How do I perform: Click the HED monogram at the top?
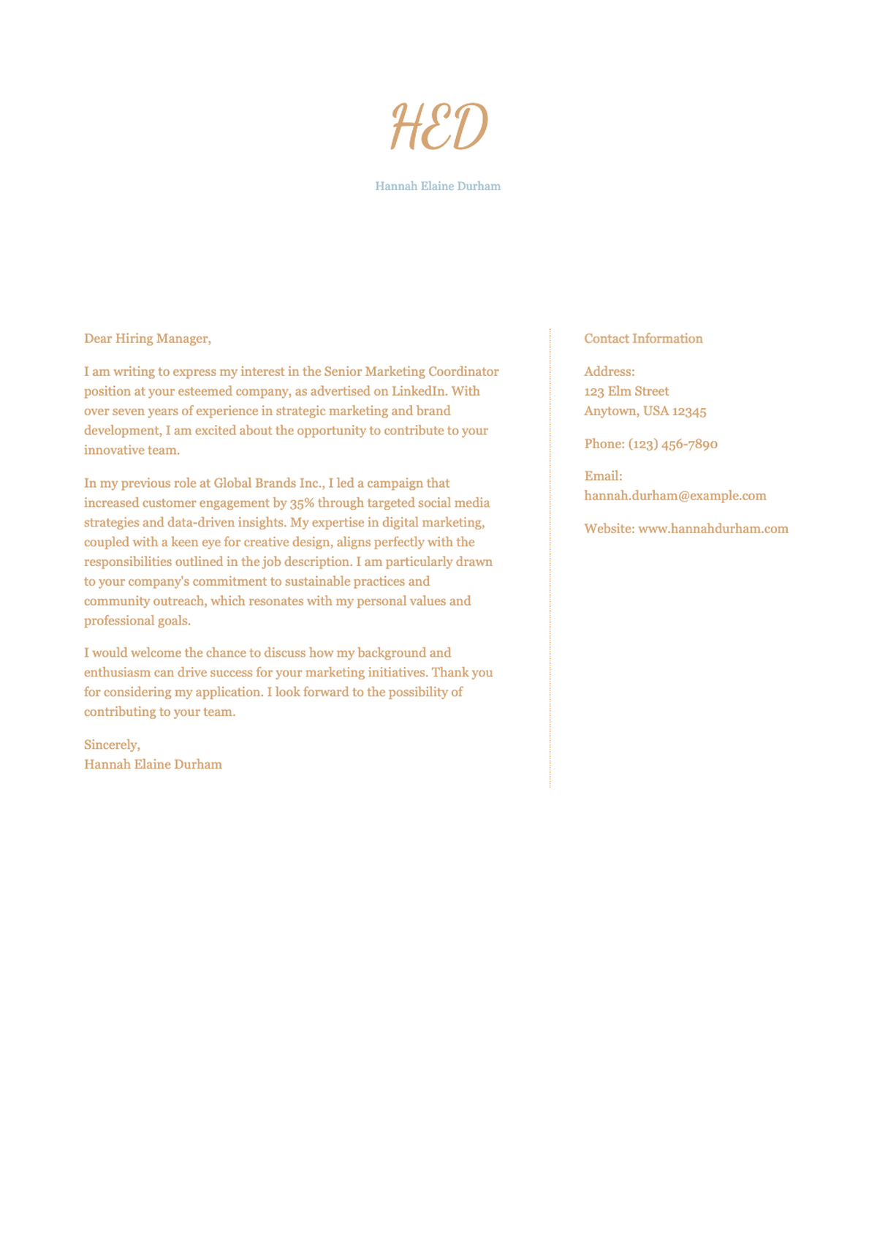pyautogui.click(x=438, y=127)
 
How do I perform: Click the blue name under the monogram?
pyautogui.click(x=438, y=186)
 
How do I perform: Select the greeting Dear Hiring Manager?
pyautogui.click(x=147, y=339)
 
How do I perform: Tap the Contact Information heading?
pyautogui.click(x=643, y=339)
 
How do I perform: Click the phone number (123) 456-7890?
pyautogui.click(x=672, y=444)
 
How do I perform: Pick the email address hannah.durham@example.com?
pyautogui.click(x=675, y=496)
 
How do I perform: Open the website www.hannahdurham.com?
pyautogui.click(x=713, y=529)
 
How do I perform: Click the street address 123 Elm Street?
pyautogui.click(x=626, y=391)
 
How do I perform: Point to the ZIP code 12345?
pyautogui.click(x=689, y=411)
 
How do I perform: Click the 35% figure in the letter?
pyautogui.click(x=302, y=503)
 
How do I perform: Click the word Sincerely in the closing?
pyautogui.click(x=111, y=744)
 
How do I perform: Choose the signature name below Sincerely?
pyautogui.click(x=153, y=764)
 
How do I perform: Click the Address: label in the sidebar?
pyautogui.click(x=610, y=371)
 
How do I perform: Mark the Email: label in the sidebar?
pyautogui.click(x=603, y=476)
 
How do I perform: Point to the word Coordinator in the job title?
pyautogui.click(x=463, y=371)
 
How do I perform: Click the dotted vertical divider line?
pyautogui.click(x=550, y=556)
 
